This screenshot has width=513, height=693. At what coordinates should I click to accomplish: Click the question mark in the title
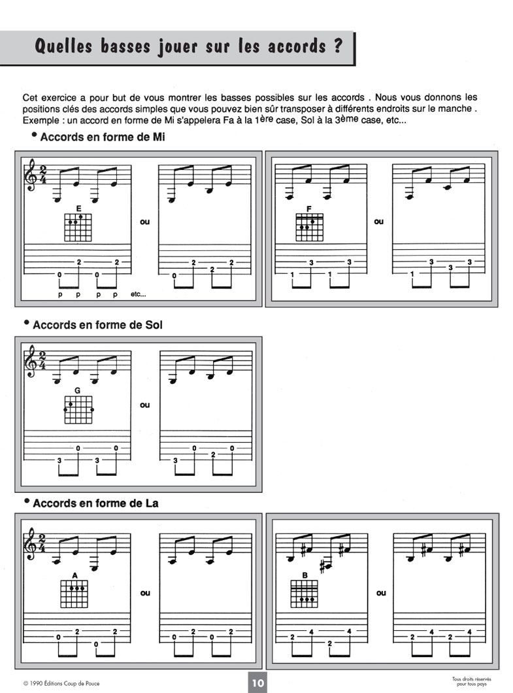(338, 47)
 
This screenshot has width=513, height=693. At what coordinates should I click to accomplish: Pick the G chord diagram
(78, 410)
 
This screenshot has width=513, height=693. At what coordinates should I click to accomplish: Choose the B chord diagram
(305, 594)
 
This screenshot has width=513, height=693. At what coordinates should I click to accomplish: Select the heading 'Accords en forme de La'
(95, 503)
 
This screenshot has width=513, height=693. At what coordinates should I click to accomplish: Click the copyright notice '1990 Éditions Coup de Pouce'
(65, 684)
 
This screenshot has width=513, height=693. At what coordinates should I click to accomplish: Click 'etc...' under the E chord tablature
(139, 295)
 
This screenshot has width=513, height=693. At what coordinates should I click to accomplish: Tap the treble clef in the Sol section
(31, 362)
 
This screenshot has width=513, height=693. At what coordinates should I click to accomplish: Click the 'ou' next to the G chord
(145, 405)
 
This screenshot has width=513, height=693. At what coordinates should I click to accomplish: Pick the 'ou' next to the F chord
(379, 222)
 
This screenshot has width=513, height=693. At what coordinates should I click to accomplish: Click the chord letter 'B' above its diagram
(305, 575)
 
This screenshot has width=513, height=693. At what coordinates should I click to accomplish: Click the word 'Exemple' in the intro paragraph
(40, 122)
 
